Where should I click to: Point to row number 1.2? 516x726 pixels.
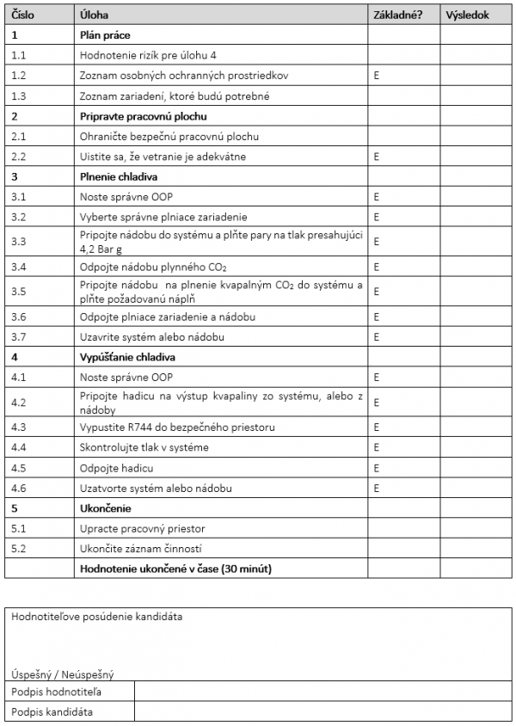click(x=20, y=76)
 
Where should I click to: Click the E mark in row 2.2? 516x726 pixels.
click(x=377, y=157)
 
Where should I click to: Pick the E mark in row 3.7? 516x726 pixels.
click(x=377, y=336)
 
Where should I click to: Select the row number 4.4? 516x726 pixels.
click(x=20, y=447)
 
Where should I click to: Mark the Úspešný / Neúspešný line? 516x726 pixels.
click(x=63, y=675)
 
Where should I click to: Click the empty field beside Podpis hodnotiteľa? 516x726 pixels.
click(x=322, y=692)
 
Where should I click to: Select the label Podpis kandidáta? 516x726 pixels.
click(x=52, y=711)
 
